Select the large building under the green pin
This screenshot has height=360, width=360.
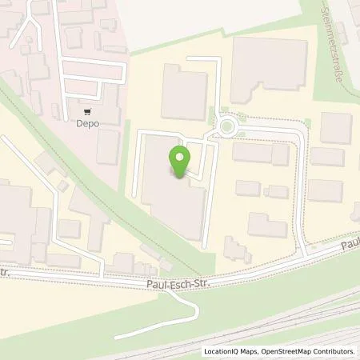(x=170, y=200)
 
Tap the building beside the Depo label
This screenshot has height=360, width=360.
(x=108, y=146)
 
